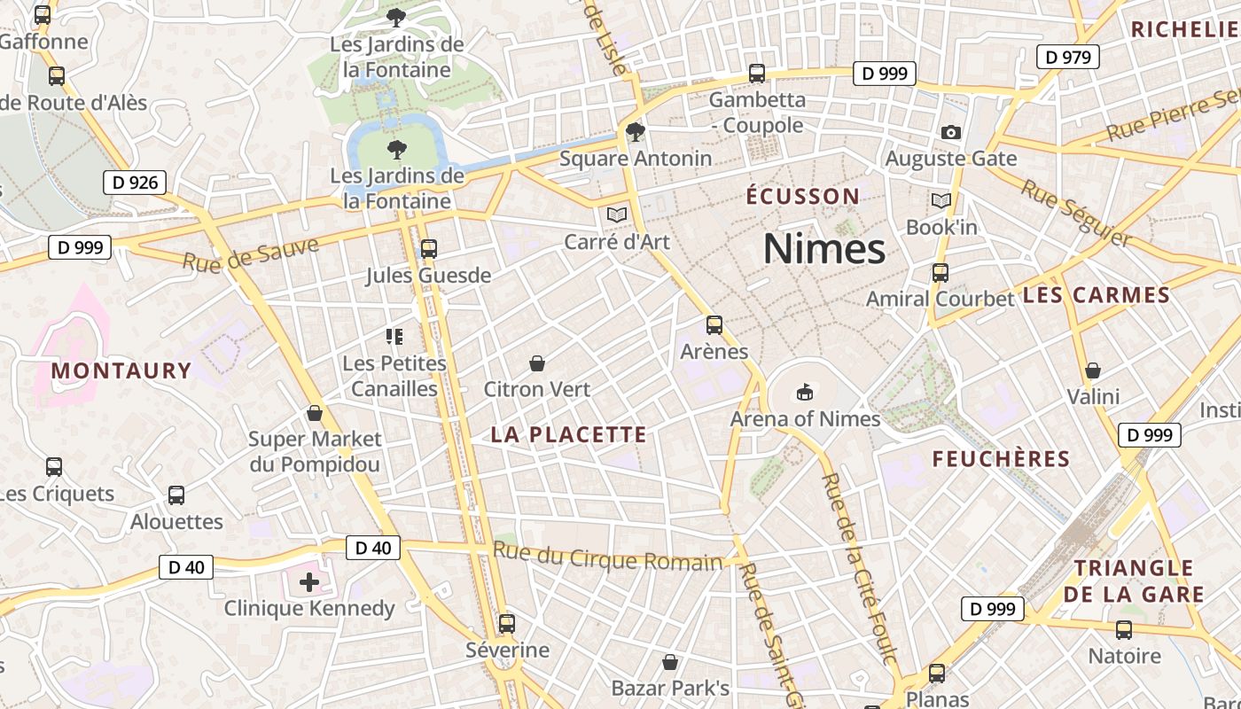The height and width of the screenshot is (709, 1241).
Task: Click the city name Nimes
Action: coord(824,249)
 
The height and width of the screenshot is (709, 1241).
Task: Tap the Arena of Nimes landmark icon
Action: coord(805,391)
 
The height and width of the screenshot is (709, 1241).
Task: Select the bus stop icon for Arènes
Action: coord(714,325)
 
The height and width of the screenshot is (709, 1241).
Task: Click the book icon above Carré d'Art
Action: coord(617,214)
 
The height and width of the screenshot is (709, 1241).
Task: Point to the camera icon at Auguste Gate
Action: coord(951,133)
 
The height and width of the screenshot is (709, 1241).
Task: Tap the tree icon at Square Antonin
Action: coord(636,132)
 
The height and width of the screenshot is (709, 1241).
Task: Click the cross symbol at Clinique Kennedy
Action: coord(308,582)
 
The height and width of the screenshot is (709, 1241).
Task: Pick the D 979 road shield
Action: coord(1068,58)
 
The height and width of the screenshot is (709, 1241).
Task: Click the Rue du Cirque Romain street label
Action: coord(608,557)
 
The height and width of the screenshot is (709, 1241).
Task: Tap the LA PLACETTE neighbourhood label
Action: coord(569,434)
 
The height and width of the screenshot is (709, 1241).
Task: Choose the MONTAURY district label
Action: coord(121,370)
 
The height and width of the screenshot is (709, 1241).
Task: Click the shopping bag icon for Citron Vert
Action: coord(536,363)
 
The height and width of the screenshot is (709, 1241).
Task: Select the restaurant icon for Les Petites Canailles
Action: coord(394,337)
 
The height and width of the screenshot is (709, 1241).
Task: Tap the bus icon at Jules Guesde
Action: coord(429,249)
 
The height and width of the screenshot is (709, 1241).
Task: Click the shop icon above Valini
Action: coord(1093,370)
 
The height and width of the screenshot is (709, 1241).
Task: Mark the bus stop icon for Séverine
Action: coord(507,624)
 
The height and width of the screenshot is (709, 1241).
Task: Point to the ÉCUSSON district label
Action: coord(803,196)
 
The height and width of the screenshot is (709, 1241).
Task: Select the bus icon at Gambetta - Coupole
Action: coord(757,74)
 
